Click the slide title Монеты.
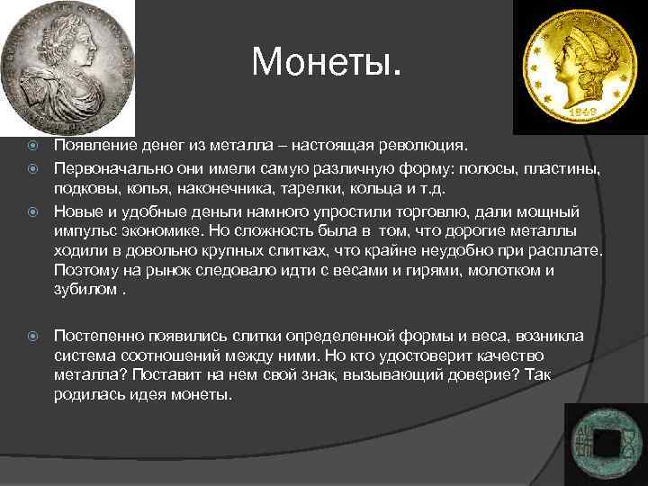[328, 62]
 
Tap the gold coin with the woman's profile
[580, 67]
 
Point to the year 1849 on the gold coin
[583, 115]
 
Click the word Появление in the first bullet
[93, 145]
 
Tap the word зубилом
[84, 290]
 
